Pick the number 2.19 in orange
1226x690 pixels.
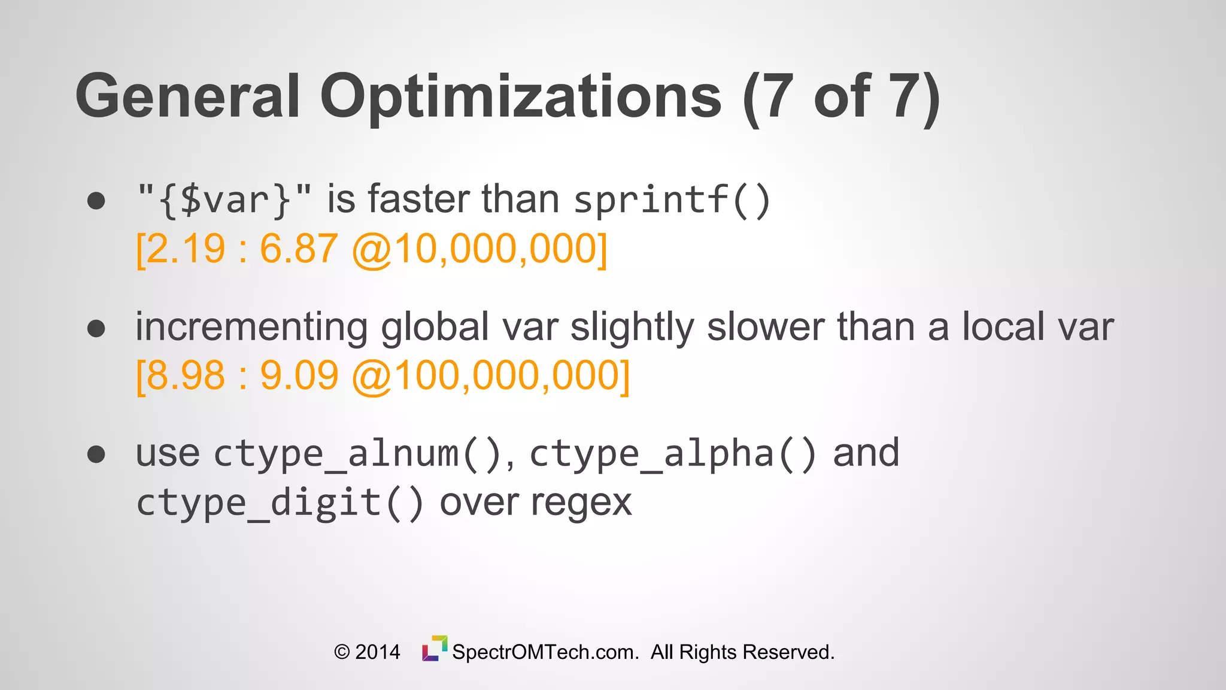tap(186, 249)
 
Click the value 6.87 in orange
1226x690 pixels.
tap(299, 249)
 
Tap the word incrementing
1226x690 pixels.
tap(251, 328)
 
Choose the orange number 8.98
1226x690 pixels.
tap(186, 376)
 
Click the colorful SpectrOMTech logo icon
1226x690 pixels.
tap(435, 649)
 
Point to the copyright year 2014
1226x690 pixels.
tap(377, 652)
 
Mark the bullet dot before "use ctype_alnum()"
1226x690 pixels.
tap(96, 454)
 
